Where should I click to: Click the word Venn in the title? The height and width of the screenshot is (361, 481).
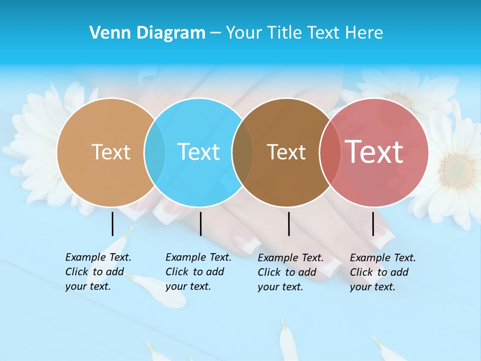click(107, 33)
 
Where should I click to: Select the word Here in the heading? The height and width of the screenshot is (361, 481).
click(364, 33)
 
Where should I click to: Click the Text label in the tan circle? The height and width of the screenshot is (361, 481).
click(111, 152)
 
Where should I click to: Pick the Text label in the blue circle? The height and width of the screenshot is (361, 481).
click(199, 152)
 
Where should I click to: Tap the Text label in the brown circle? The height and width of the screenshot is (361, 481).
click(287, 152)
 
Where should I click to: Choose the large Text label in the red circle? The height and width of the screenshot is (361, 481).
click(374, 151)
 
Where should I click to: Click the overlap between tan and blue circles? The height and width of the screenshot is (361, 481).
click(155, 152)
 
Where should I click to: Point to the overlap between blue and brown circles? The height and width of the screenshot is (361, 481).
click(243, 152)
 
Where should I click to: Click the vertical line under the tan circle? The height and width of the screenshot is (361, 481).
click(113, 224)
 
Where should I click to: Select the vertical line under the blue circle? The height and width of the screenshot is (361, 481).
click(200, 224)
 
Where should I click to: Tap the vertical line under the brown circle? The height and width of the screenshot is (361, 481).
click(289, 224)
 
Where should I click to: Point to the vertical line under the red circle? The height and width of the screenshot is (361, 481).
click(373, 224)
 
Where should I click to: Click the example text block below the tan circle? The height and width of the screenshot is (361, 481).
click(98, 272)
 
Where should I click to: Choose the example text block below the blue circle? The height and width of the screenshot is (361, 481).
click(198, 272)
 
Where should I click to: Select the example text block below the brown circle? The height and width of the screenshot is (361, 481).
click(290, 272)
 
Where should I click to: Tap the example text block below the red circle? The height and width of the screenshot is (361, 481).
click(382, 272)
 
